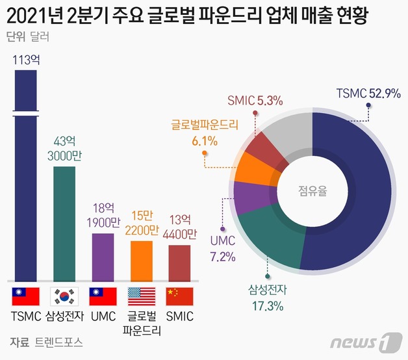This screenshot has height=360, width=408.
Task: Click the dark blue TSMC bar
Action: click(26, 195)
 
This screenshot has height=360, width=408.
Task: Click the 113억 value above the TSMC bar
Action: click(27, 60)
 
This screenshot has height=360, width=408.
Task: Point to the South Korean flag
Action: click(64, 296)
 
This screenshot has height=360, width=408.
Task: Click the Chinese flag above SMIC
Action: click(180, 296)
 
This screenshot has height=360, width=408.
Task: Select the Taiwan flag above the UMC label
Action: click(103, 296)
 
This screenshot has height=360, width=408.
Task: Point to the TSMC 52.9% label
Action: click(368, 92)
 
